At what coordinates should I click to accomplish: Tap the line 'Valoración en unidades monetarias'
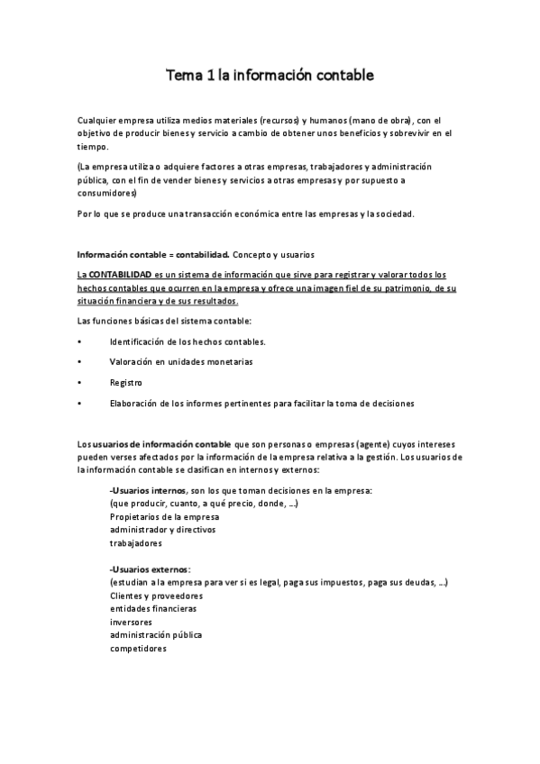[181, 361]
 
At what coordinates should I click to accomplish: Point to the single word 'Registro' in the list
[126, 382]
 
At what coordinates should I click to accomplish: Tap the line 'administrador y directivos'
[163, 530]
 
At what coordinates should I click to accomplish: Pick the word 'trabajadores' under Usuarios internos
[136, 543]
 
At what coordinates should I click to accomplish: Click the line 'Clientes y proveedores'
[156, 596]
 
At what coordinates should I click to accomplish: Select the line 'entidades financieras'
[153, 609]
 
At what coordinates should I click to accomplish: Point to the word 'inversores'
[131, 622]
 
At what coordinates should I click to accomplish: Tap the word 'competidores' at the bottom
[138, 648]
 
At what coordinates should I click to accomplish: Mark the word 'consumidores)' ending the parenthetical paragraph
[106, 193]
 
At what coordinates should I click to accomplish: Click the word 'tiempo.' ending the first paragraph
[93, 146]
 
